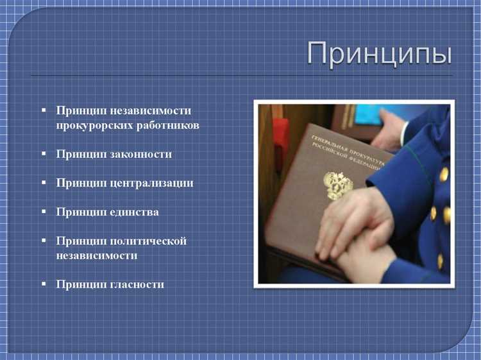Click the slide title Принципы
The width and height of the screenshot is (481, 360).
coord(379,53)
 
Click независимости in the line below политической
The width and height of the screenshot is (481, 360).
coord(97,255)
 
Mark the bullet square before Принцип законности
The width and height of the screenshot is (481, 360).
coord(44,154)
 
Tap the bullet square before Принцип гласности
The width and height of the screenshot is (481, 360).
coord(44,284)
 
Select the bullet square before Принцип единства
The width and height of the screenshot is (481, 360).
coord(44,211)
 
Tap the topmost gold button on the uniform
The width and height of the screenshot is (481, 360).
coord(444,174)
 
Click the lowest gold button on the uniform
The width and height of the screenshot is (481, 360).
coord(441,261)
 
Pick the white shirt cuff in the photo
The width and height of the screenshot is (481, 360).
coord(403,133)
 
